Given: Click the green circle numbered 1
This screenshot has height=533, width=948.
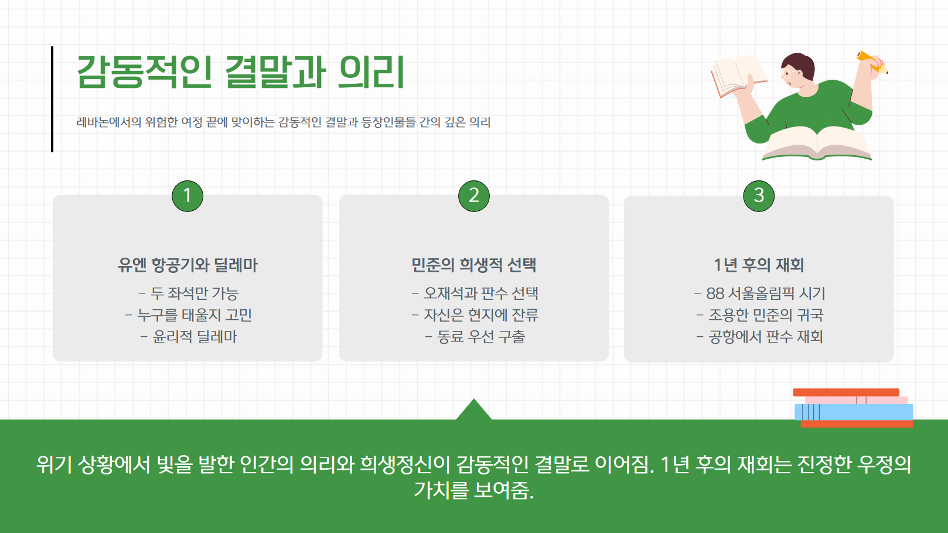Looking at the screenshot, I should point(187,196).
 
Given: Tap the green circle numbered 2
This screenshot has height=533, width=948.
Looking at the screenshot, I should point(473,196).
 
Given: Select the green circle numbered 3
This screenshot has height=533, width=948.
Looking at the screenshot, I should point(759,196).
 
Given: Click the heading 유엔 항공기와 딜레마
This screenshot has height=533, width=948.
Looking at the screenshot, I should point(187,265).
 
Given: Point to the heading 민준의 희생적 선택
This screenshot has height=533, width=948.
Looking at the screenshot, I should point(473,265).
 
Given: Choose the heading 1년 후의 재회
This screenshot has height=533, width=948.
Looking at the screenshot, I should point(759,265).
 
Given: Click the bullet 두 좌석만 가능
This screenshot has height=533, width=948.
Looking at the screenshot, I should point(189,293).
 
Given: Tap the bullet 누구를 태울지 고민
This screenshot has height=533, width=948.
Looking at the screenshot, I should point(189,315).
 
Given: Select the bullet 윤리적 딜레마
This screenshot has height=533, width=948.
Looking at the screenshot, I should point(189,337).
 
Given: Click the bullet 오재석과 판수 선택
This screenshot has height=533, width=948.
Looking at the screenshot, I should point(475,293).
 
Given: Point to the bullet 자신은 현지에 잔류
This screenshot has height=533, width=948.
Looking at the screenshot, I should point(475,315).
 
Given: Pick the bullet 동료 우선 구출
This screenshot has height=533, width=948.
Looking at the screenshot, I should point(475,337).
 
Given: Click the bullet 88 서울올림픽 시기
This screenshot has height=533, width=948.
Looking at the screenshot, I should point(760,293).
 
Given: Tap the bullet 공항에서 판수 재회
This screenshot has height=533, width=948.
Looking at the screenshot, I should point(760,337).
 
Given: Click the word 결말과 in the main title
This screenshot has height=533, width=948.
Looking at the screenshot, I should point(275,73).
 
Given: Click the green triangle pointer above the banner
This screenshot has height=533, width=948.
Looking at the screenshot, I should point(473,411).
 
